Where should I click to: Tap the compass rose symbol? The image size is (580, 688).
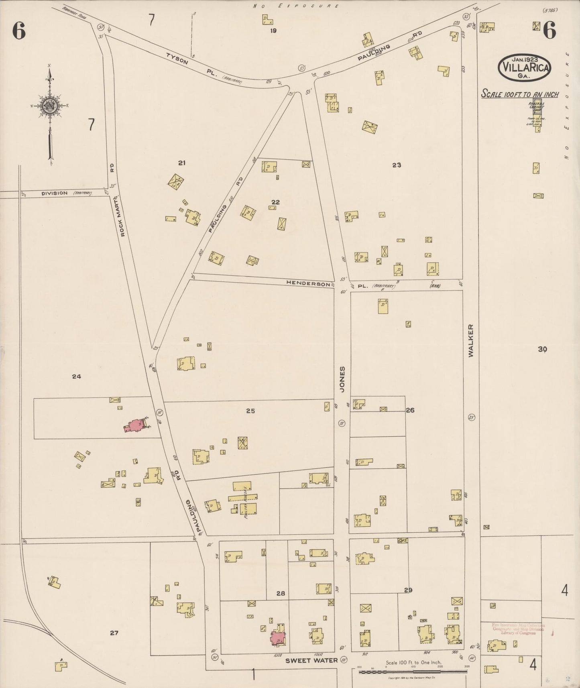click(x=49, y=106)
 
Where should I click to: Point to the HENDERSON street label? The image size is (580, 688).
click(x=308, y=283)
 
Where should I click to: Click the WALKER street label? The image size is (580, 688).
click(x=470, y=340)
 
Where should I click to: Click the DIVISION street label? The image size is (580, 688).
click(x=55, y=193)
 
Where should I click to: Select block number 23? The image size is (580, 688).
click(x=397, y=165)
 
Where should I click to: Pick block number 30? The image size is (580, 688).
click(x=542, y=349)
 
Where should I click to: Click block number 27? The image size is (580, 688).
click(x=114, y=633)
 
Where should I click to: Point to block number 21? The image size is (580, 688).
click(x=182, y=163)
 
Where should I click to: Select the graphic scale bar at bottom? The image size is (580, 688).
click(x=413, y=671)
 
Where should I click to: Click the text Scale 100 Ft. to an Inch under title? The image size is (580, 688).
click(x=520, y=95)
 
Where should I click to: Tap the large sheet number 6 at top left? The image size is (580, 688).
click(x=19, y=31)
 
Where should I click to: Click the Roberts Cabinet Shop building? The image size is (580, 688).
click(x=537, y=106)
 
